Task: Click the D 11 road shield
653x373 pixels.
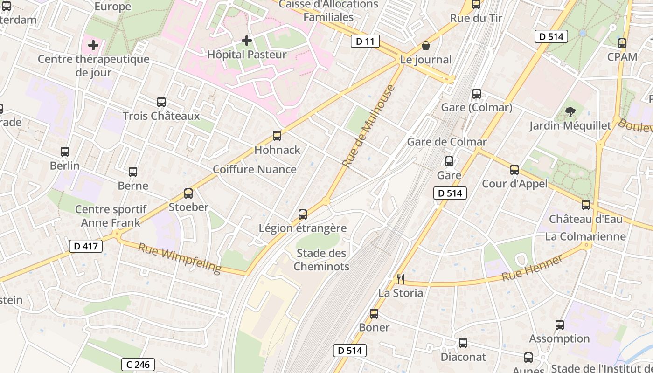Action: point(365,41)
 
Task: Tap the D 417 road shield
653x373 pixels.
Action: point(86,246)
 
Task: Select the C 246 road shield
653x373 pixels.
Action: point(138,364)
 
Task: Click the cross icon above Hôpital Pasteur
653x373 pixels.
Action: point(247,41)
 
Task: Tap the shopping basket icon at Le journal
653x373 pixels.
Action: point(425,46)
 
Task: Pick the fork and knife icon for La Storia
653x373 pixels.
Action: point(400,279)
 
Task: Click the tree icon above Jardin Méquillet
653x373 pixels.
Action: point(570,111)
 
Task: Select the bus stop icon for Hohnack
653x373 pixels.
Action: point(277,136)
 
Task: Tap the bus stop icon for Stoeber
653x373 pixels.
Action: point(188,193)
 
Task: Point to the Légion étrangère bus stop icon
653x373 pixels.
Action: point(303,214)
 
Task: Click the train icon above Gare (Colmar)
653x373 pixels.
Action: point(476,94)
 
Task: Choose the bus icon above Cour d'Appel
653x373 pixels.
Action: point(514,170)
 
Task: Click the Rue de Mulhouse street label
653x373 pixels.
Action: point(368,126)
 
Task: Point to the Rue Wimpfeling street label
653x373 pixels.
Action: point(180,258)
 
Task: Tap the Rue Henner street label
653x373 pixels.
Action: point(532,269)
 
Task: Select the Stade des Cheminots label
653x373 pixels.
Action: point(321,260)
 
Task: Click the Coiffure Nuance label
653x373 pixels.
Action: point(255,169)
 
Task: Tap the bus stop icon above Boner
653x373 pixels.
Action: point(374,314)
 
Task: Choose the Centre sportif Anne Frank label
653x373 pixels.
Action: point(111,216)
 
